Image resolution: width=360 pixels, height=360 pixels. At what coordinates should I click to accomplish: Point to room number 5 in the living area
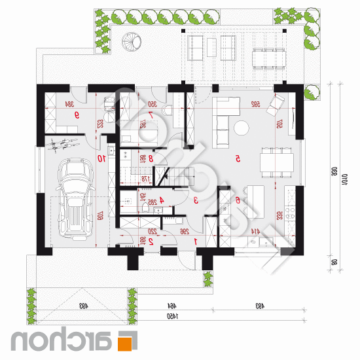[238, 158]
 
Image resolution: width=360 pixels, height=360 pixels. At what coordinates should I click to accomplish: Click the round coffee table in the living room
[243, 127]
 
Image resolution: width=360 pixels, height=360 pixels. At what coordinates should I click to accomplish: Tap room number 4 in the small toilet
[161, 202]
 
